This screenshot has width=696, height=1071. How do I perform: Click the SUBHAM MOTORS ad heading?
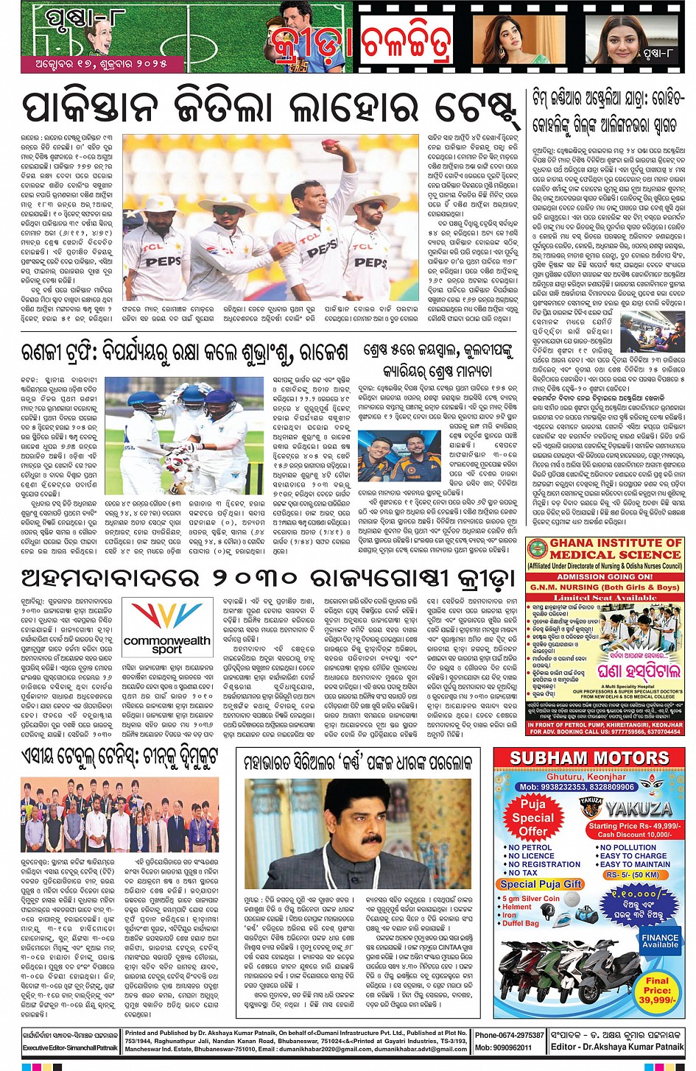pyautogui.click(x=589, y=758)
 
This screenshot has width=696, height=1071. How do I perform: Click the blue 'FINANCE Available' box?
pyautogui.click(x=660, y=941)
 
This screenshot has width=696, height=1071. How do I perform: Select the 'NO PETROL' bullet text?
pyautogui.click(x=530, y=847)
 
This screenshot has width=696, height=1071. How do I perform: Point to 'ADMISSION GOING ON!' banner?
pyautogui.click(x=605, y=577)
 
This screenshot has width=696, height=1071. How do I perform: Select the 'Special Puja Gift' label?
pyautogui.click(x=541, y=884)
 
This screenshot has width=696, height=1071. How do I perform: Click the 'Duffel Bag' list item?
pyautogui.click(x=521, y=923)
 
